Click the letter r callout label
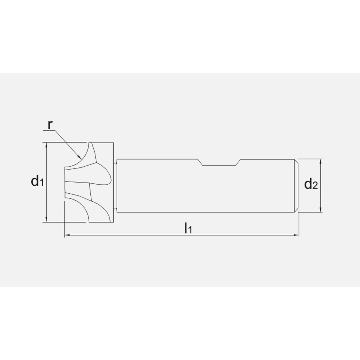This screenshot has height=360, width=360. [x=50, y=125]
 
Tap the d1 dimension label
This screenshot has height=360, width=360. [x=37, y=181]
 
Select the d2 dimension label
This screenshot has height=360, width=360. [x=311, y=184]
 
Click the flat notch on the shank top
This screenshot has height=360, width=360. [x=220, y=166]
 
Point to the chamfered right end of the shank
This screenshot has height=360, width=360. [x=297, y=185]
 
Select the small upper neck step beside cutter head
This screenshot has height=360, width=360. [x=115, y=162]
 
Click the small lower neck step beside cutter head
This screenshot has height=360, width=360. [x=115, y=209]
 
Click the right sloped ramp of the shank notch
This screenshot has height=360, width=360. [x=239, y=162]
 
